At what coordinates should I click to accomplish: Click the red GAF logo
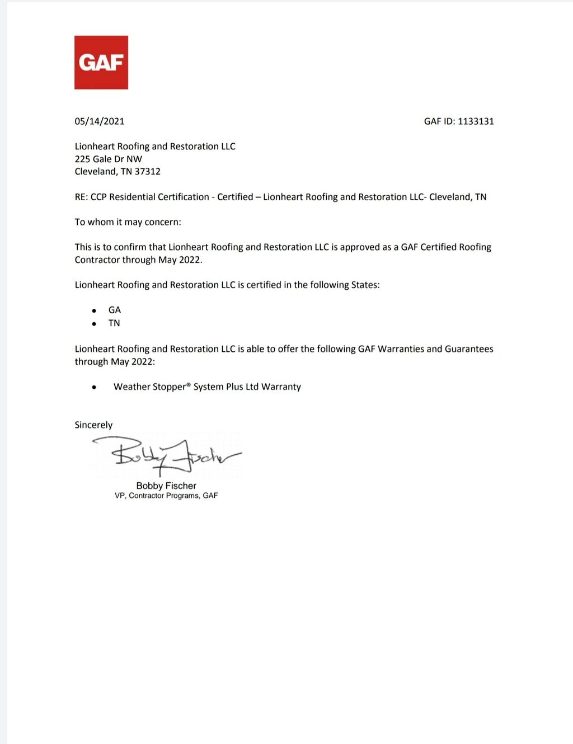click(x=101, y=63)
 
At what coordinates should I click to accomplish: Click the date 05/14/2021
click(x=100, y=121)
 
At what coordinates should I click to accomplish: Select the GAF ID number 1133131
click(x=476, y=121)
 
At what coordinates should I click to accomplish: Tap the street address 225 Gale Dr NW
click(x=109, y=159)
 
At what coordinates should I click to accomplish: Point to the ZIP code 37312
click(x=147, y=172)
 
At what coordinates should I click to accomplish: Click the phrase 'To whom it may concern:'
click(x=128, y=222)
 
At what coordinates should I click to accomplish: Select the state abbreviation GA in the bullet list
click(x=115, y=310)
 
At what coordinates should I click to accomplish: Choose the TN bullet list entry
click(x=114, y=323)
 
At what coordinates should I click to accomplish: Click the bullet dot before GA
click(x=94, y=310)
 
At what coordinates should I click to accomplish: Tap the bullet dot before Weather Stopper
click(x=94, y=387)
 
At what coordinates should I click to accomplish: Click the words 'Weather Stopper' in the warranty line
click(x=149, y=387)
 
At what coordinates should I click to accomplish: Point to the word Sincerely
click(x=93, y=425)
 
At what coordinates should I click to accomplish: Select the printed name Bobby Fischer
click(x=166, y=486)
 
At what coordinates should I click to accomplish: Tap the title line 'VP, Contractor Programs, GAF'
click(x=166, y=496)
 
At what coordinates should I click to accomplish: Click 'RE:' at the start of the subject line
click(x=81, y=197)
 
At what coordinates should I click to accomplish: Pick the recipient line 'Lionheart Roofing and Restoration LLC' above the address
click(x=155, y=147)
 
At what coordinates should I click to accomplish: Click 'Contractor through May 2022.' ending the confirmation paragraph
click(x=139, y=260)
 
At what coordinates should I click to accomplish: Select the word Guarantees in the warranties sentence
click(x=469, y=349)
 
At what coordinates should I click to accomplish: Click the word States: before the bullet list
click(x=365, y=285)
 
